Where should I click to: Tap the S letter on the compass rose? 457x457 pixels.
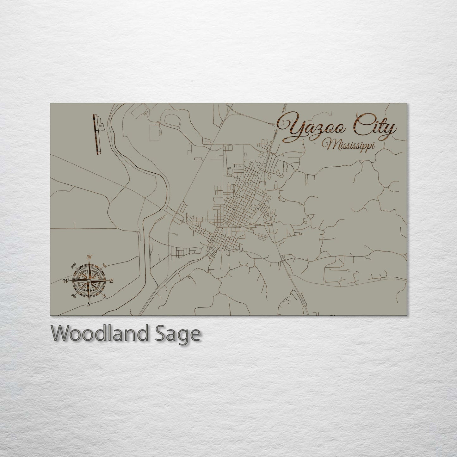(x=89, y=304)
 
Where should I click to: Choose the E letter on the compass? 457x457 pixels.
(x=111, y=281)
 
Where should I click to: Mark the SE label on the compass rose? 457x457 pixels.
(x=105, y=296)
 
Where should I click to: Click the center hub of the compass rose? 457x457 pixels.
(x=89, y=281)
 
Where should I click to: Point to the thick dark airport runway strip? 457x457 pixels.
(x=95, y=135)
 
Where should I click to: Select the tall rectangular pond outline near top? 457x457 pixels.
(x=155, y=132)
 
